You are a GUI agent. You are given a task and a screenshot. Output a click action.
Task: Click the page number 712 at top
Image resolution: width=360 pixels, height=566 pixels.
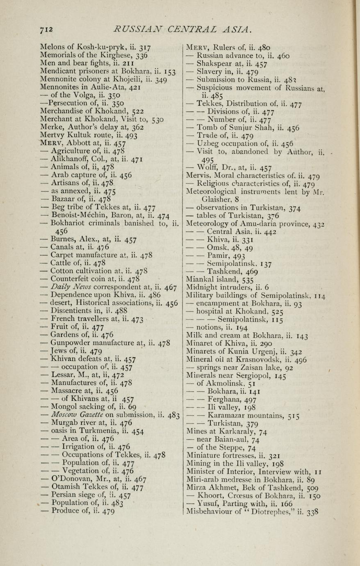pyautogui.click(x=48, y=29)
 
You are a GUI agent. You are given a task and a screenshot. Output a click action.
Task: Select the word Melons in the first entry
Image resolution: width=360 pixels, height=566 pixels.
pyautogui.click(x=52, y=47)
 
